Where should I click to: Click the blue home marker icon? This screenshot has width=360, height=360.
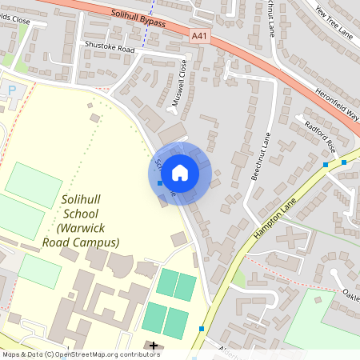pos(180,172)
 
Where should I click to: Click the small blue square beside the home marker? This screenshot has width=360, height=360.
pos(160,183)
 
